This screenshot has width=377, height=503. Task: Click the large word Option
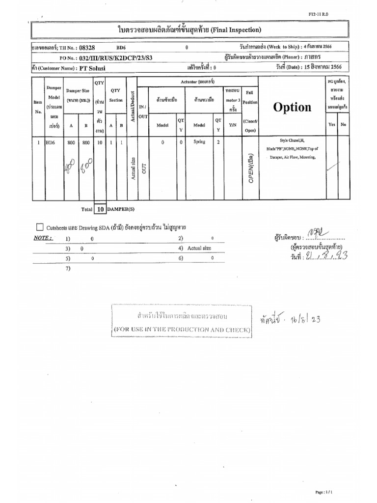click(x=293, y=107)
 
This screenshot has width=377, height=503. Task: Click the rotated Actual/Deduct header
click(x=132, y=106)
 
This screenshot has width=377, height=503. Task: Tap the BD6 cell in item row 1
click(x=51, y=142)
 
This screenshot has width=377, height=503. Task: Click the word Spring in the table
click(x=199, y=141)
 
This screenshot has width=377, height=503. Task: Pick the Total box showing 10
click(x=100, y=209)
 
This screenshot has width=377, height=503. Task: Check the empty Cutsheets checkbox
click(x=40, y=227)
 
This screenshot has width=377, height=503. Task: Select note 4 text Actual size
click(x=199, y=248)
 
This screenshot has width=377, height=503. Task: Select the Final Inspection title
click(x=189, y=30)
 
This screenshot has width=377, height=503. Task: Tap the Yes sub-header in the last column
click(x=332, y=125)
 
